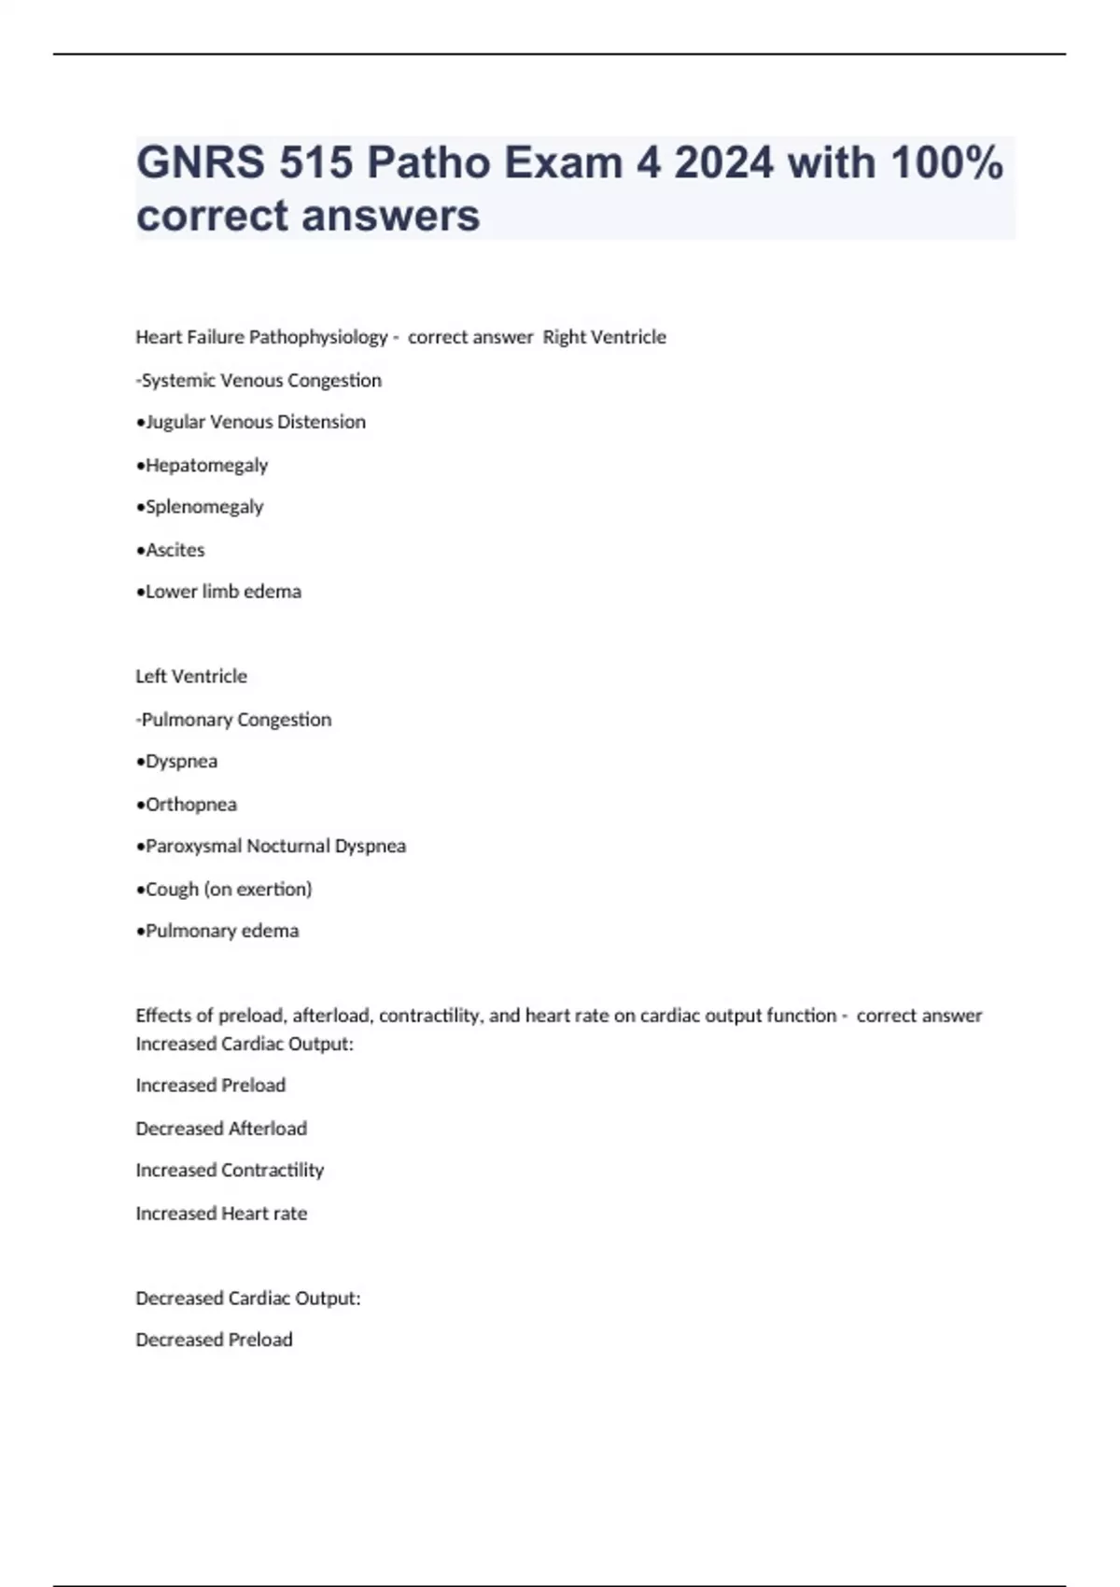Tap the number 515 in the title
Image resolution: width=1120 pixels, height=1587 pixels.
[315, 162]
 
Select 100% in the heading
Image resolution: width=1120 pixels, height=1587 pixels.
[946, 162]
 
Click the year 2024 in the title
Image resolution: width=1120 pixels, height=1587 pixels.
[723, 162]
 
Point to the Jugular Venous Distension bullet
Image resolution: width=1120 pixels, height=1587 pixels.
[251, 422]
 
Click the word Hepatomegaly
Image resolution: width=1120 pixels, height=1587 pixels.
[206, 465]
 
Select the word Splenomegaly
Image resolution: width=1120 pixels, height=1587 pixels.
[204, 507]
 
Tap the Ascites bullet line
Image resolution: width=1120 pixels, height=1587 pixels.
[171, 550]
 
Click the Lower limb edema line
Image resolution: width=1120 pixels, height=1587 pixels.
[219, 592]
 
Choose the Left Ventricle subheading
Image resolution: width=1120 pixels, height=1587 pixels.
[191, 676]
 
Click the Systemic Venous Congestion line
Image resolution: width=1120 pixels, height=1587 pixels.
[259, 380]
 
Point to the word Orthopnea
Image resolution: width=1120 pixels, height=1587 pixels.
[190, 804]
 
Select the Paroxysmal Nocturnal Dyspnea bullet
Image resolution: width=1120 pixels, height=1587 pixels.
[272, 846]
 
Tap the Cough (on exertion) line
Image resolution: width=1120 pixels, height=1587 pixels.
[225, 889]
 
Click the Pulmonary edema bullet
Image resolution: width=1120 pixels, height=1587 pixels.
[218, 931]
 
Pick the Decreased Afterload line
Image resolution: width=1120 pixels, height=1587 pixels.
[221, 1129]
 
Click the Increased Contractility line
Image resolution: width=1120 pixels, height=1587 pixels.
[230, 1171]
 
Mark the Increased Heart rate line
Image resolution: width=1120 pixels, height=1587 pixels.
[221, 1214]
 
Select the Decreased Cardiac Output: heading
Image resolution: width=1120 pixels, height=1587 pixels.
[248, 1298]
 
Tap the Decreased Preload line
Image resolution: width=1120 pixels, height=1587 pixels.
[214, 1340]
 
